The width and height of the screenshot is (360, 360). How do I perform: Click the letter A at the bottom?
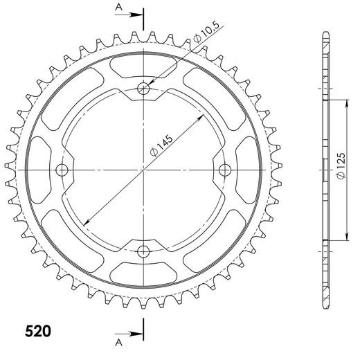119,342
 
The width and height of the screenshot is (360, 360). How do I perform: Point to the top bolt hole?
144,88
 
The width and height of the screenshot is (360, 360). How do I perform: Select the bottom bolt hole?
144,251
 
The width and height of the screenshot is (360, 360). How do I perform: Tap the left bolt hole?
62,170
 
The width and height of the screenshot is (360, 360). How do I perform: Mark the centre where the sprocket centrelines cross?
144,170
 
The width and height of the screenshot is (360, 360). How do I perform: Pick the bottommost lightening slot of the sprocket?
144,271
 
